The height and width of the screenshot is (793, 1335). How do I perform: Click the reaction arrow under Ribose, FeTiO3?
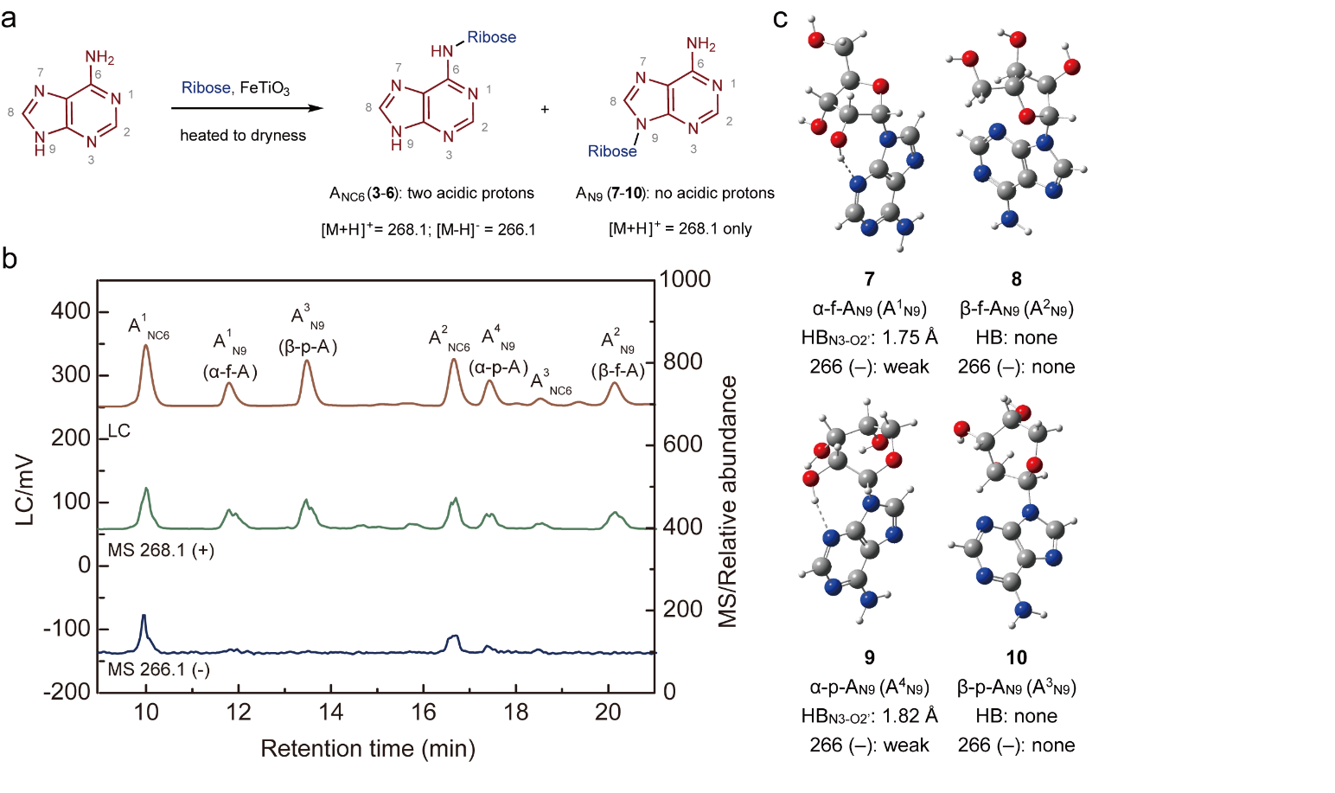pos(246,109)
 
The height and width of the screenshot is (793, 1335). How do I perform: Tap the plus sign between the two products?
pos(545,110)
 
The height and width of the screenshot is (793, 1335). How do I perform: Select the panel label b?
pos(10,258)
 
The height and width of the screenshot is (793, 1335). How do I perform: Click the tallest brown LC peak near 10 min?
pos(146,347)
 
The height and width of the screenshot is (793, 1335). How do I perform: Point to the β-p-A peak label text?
pos(307,347)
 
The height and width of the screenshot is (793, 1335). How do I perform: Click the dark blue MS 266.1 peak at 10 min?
pos(144,617)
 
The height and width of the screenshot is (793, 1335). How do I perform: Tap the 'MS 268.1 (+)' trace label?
pos(161,550)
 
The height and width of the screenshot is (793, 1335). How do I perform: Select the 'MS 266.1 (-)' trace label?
pos(158,669)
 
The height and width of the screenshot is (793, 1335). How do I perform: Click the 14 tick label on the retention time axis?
pos(331,712)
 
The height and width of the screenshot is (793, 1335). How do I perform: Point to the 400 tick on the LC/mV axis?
pos(71,311)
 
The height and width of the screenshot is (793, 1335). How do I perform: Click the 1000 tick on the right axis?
pos(685,278)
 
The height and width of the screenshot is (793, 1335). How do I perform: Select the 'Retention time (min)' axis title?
pos(367,748)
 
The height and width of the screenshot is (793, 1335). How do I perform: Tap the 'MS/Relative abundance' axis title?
pos(728,502)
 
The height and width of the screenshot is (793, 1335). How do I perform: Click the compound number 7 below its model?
pos(869,278)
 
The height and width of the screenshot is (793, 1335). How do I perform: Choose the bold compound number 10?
pos(1016,657)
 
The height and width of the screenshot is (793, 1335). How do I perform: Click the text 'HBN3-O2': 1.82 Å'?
pos(869,716)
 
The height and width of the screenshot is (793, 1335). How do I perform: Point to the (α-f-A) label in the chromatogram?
pos(230,372)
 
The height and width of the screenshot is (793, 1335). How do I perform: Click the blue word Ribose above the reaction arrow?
pos(206,87)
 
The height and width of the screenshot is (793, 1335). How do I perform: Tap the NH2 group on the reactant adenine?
pos(99,58)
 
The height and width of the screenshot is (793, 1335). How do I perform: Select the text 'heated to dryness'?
pos(243,135)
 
